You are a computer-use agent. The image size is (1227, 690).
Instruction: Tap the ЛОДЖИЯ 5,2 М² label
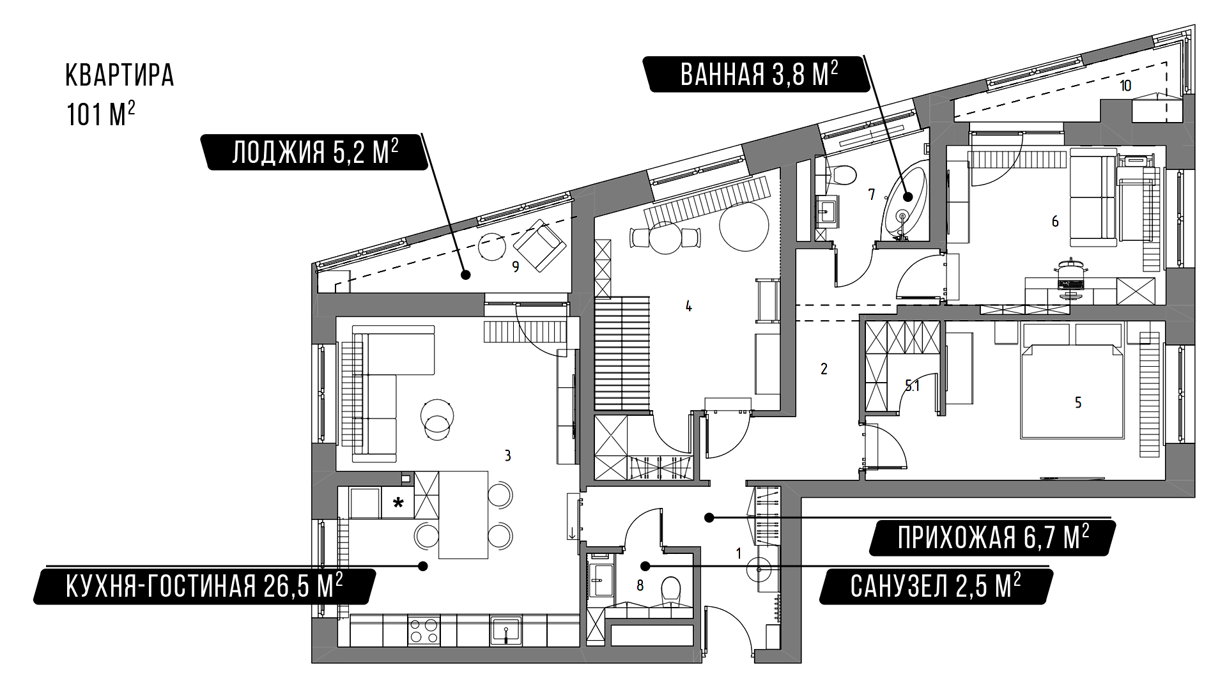click(x=315, y=152)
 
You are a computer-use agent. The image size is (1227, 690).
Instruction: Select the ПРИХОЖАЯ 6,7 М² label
click(x=993, y=537)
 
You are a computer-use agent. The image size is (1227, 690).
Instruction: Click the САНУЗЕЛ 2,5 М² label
click(x=935, y=586)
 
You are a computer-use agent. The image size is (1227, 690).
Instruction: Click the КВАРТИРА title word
click(x=120, y=75)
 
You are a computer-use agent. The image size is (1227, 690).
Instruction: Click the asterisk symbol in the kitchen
click(x=398, y=502)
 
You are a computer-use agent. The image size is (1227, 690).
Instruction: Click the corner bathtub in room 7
click(x=904, y=203)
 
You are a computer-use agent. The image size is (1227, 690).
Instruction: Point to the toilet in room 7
click(x=840, y=175)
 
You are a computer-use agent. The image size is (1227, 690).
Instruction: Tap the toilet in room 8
click(x=670, y=590)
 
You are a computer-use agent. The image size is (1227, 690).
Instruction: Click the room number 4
click(x=688, y=307)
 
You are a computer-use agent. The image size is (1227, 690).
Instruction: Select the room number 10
click(x=1125, y=86)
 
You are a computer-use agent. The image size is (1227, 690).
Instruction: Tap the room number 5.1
click(x=912, y=385)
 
